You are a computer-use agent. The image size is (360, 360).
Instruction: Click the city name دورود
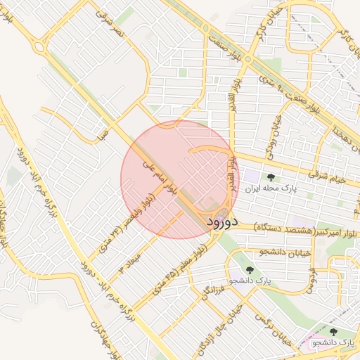(224, 222)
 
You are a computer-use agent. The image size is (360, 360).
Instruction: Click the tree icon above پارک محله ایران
(271, 177)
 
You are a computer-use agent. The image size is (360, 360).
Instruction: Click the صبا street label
(103, 132)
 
